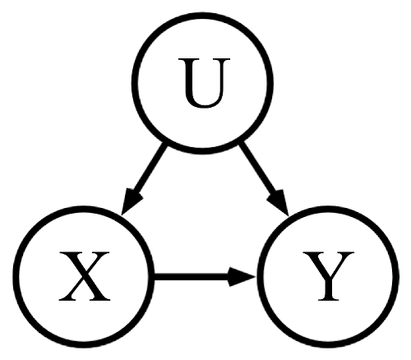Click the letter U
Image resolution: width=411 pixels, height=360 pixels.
point(204,83)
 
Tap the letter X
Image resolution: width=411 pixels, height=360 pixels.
point(84,276)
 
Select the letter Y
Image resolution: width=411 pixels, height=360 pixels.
point(328,276)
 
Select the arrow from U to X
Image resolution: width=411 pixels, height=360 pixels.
point(143,179)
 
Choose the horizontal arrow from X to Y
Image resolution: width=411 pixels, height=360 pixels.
point(205,277)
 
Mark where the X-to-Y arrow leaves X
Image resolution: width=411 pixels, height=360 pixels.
point(154,277)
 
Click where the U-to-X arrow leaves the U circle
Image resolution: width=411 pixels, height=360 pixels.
point(164,145)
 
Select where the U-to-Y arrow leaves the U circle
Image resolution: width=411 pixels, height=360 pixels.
point(242,143)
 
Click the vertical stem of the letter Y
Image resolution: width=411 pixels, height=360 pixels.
point(328,288)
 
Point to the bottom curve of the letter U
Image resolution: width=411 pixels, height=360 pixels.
point(204,104)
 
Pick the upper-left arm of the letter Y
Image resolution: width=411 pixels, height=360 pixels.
point(315,263)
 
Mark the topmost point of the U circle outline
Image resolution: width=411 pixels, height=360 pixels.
point(202,14)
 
